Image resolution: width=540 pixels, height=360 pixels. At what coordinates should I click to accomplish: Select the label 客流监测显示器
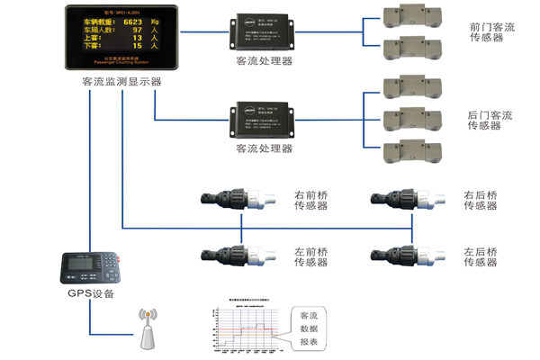(x=122, y=81)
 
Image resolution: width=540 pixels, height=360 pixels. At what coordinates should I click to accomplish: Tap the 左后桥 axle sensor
(x=406, y=256)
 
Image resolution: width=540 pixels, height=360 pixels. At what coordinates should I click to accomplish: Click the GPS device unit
(x=90, y=267)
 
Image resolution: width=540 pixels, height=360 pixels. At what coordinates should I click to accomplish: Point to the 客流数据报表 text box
(x=309, y=329)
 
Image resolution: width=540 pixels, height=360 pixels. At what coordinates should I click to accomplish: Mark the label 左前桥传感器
(x=311, y=256)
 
